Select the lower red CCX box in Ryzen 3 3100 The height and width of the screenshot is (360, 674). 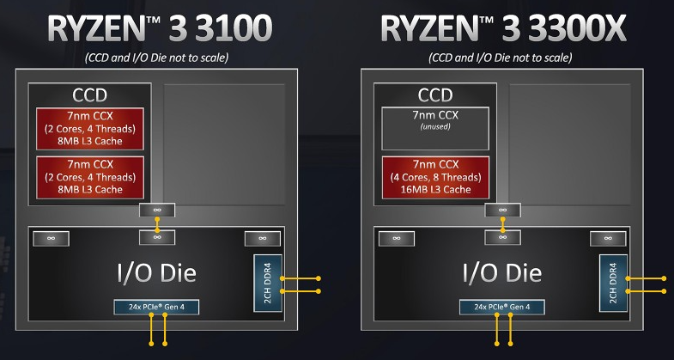point(89,177)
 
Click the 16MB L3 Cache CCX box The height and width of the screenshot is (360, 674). point(434,177)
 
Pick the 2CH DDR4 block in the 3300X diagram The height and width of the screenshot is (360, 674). point(611,284)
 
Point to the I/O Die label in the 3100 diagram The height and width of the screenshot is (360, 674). point(157,273)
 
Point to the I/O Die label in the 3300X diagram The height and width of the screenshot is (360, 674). point(502,273)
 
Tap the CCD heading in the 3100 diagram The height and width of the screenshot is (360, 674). point(89,95)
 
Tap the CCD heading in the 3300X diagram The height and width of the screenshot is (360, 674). point(434,95)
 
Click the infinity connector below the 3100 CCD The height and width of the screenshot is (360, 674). point(157,211)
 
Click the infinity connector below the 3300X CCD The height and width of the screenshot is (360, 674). point(502,211)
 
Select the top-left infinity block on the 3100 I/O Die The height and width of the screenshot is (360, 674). point(52,238)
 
